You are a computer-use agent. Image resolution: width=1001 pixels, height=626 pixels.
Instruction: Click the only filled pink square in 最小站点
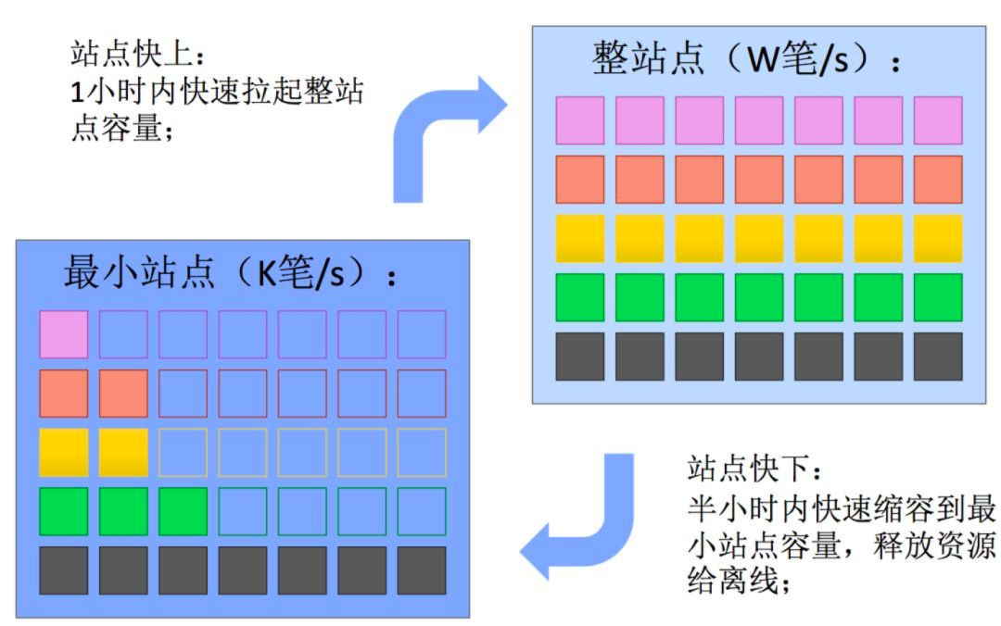tap(64, 334)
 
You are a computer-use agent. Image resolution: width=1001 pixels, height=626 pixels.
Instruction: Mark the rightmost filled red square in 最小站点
tap(123, 394)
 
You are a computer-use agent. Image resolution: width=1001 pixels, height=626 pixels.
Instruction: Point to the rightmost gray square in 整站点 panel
tap(938, 357)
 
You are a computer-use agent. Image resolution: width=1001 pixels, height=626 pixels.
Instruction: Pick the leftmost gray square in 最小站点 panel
tap(64, 570)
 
